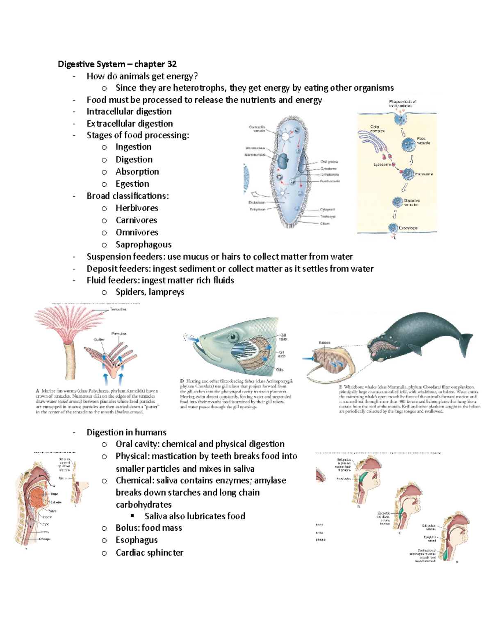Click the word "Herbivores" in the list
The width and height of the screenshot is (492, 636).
tap(137, 208)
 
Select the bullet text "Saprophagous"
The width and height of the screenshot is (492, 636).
tap(143, 244)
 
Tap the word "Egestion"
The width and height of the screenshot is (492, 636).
tap(132, 184)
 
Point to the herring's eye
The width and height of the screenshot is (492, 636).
tap(233, 337)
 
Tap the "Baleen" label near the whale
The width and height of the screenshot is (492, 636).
tap(324, 343)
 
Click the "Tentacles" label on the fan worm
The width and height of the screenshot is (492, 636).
tap(118, 310)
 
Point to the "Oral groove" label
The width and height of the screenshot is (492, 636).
tap(329, 162)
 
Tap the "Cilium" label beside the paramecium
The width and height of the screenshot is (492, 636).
tap(325, 224)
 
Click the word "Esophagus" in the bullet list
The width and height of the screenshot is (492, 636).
tap(137, 540)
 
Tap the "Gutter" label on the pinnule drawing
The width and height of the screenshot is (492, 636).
tap(99, 340)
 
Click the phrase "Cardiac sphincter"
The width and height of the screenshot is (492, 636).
tap(149, 552)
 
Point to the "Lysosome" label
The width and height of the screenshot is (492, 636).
tap(381, 165)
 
